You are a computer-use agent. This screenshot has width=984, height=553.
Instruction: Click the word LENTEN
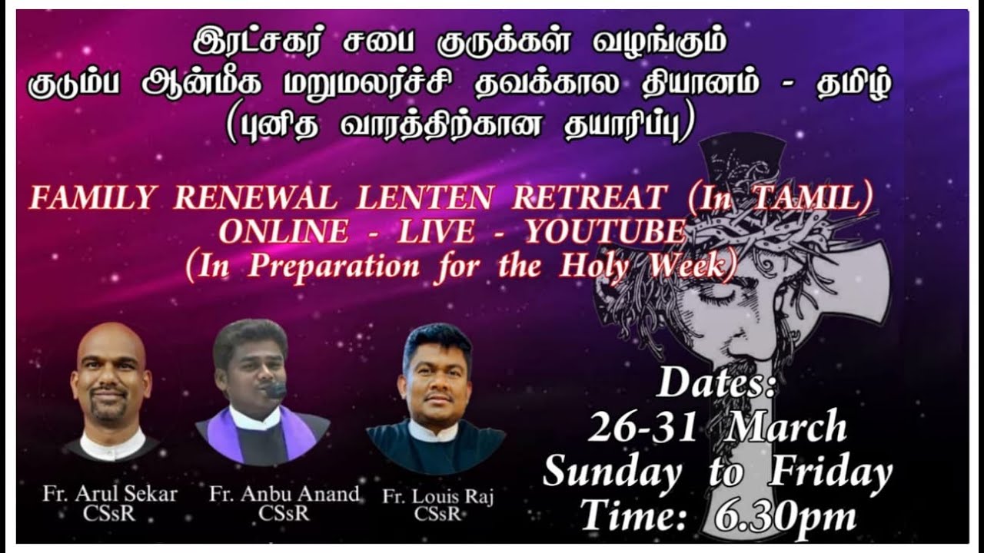[x=425, y=200]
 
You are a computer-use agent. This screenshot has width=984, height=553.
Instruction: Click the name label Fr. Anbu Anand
[x=284, y=494]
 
